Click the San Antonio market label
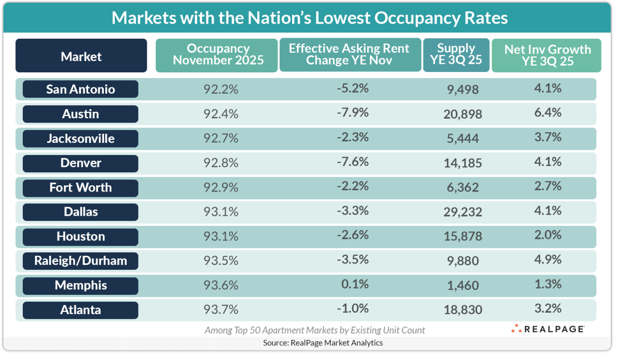click(81, 89)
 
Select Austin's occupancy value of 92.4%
click(218, 114)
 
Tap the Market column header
click(81, 56)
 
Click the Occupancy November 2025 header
click(218, 55)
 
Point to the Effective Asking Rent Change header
click(349, 55)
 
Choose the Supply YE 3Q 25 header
click(456, 55)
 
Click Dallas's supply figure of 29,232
click(463, 212)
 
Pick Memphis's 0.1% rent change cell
click(355, 284)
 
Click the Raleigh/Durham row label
click(81, 261)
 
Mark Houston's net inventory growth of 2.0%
click(548, 235)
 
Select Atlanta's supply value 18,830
click(463, 310)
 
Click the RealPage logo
click(548, 329)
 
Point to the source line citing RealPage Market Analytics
click(323, 343)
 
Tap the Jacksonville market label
click(81, 139)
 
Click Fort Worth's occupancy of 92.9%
click(218, 187)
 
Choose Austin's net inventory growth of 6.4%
click(548, 112)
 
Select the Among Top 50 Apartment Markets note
click(315, 330)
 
